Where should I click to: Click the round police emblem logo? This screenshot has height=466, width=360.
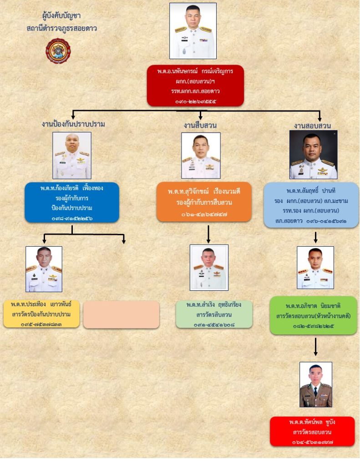click(x=58, y=51)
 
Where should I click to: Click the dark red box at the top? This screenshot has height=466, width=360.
click(x=196, y=86)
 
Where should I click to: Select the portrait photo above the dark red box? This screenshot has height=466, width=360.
click(x=193, y=31)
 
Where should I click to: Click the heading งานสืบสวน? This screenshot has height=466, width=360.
click(x=200, y=124)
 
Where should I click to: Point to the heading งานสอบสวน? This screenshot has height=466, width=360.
click(x=312, y=125)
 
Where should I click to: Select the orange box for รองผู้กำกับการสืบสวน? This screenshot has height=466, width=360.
click(x=204, y=202)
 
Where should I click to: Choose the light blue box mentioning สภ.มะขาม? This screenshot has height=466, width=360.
click(x=311, y=205)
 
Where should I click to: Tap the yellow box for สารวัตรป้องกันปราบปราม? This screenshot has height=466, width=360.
click(x=41, y=314)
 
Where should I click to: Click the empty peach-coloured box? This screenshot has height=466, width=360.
click(x=121, y=314)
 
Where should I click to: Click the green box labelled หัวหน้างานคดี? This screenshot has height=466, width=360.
click(x=313, y=315)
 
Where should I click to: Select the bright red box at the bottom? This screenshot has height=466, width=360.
click(x=312, y=431)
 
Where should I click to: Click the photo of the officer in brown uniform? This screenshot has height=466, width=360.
click(x=315, y=385)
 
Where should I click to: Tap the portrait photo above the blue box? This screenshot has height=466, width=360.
click(x=72, y=155)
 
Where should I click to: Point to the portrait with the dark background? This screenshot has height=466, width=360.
click(x=313, y=154)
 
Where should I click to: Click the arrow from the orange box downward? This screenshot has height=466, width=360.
click(x=208, y=233)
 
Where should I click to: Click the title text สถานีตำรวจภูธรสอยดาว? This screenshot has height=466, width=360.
click(x=62, y=28)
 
